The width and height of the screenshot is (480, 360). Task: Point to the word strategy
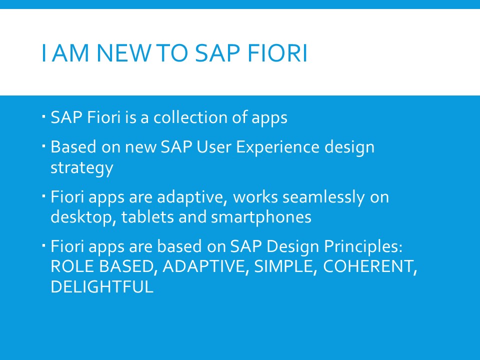point(81,168)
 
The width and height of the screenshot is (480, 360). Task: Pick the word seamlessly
point(323,197)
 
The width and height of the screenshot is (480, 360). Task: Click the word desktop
point(83,217)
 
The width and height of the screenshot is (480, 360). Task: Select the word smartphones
point(261,217)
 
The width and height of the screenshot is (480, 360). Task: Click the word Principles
point(363,246)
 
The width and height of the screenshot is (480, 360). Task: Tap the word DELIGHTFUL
point(102,287)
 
